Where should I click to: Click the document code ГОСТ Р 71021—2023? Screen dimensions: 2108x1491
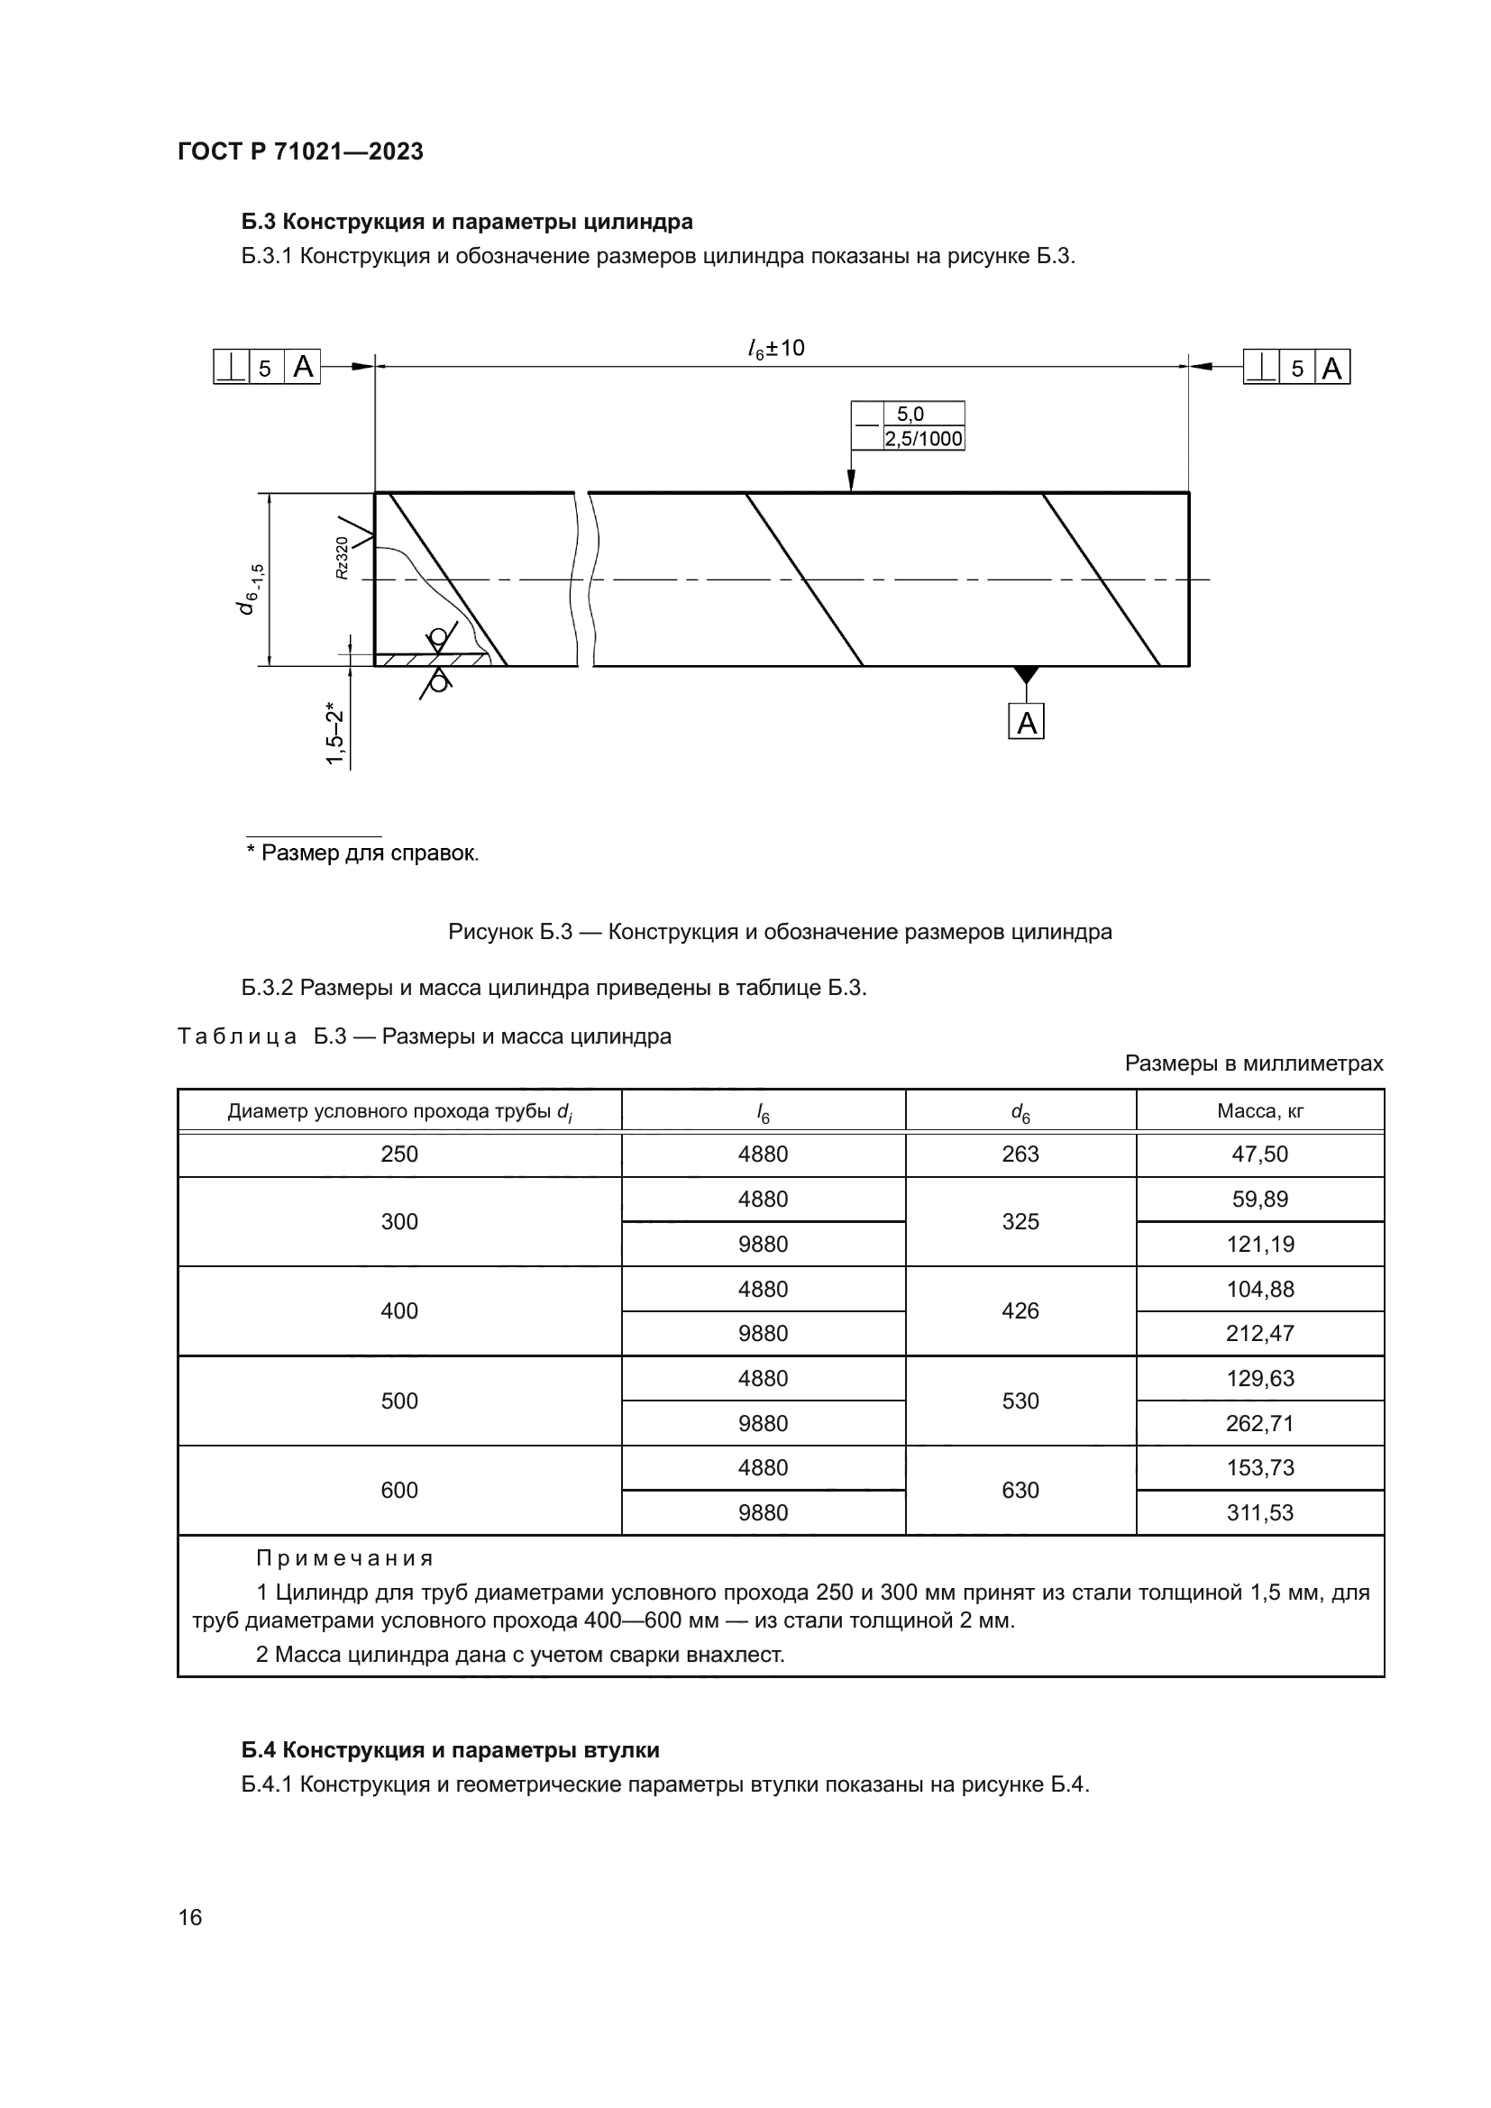pos(300,151)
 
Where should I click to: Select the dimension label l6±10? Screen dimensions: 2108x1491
pos(776,349)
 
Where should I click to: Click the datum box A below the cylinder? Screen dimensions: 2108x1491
pos(1027,723)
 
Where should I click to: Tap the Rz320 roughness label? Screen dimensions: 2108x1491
pos(343,557)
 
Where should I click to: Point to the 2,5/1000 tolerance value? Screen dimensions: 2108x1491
pos(924,439)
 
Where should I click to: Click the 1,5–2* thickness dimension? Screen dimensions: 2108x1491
pos(335,735)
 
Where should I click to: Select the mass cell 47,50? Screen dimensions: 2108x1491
pos(1259,1154)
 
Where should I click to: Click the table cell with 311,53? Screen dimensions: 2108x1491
pos(1259,1512)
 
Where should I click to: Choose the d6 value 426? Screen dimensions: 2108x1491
pos(1020,1310)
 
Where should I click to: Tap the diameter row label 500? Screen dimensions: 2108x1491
pos(399,1401)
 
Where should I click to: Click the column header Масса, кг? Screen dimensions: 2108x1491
pos(1259,1111)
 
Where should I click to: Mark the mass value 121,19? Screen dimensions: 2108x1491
pos(1259,1244)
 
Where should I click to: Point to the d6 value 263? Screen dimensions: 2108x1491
pos(1020,1154)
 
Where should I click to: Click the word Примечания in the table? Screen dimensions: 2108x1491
pos(344,1558)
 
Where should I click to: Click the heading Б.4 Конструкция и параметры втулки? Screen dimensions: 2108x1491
pos(450,1750)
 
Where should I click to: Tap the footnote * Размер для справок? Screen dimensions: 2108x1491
pos(362,853)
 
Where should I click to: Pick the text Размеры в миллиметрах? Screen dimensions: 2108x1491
pos(1253,1063)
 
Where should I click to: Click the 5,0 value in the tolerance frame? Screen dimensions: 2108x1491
pos(910,414)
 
